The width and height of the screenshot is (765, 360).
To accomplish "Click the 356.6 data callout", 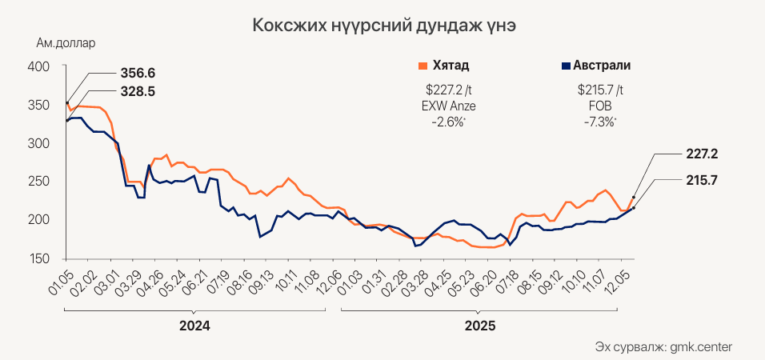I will tap(138, 73).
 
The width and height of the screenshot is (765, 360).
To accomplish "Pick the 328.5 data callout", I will tap(138, 91).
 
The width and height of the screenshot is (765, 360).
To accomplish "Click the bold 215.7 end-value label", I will tap(702, 181).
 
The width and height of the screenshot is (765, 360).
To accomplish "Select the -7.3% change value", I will tap(600, 122).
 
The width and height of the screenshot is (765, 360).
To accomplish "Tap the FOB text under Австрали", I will tap(600, 106).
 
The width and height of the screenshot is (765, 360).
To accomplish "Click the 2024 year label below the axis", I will tap(194, 326).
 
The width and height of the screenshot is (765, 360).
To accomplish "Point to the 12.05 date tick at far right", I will tap(623, 280).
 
